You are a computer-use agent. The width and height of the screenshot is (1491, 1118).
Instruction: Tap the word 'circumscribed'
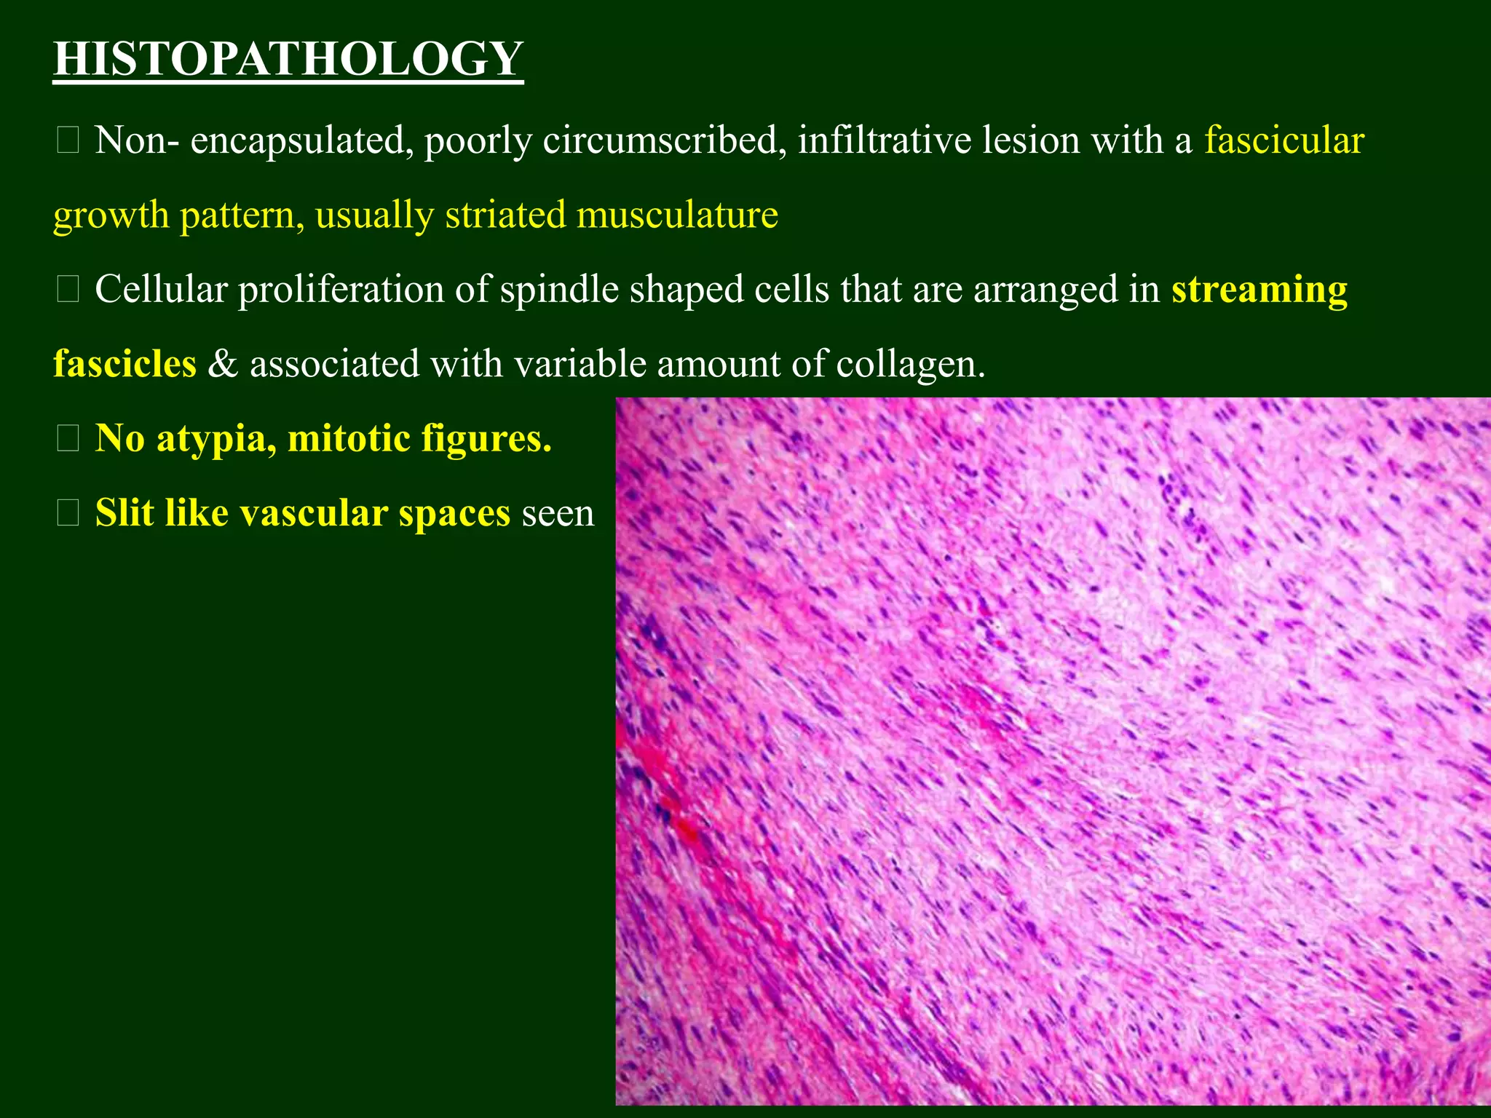[x=664, y=140]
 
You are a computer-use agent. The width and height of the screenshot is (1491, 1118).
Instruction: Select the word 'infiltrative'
[x=884, y=140]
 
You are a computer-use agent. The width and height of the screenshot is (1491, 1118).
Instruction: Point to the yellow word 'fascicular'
[x=1284, y=140]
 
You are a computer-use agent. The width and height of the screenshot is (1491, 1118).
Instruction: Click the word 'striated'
[x=505, y=215]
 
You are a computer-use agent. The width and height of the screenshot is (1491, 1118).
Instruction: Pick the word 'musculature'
[x=677, y=215]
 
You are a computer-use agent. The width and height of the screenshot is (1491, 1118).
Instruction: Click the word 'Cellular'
[x=161, y=289]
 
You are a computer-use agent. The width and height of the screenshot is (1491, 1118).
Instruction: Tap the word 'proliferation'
[x=341, y=290]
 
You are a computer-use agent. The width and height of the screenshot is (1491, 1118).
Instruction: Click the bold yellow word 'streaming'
[x=1259, y=290]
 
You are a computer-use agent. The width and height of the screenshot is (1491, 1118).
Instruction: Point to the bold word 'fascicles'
[x=124, y=363]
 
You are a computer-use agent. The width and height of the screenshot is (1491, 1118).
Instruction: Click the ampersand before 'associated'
[x=223, y=363]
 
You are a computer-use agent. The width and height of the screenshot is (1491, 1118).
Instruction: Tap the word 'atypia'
[x=216, y=440]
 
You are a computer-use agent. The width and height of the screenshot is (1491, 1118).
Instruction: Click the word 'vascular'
[x=313, y=512]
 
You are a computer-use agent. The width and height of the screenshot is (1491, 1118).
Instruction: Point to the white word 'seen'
[x=558, y=514]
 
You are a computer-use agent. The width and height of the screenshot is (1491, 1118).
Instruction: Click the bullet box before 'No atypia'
[x=68, y=439]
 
